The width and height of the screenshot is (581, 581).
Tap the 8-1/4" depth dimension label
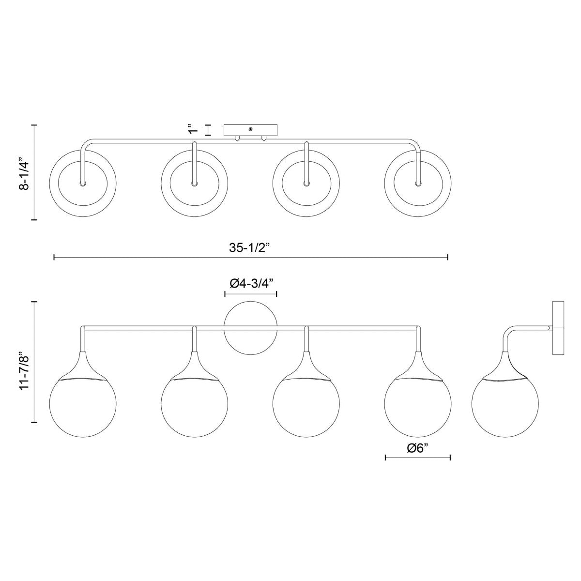point(23,173)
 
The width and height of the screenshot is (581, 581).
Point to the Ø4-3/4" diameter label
point(250,284)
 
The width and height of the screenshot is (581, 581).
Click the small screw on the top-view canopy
point(251,129)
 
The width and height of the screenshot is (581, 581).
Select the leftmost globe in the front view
point(83,407)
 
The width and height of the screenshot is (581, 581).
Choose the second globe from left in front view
point(195,407)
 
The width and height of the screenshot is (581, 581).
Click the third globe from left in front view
point(306,407)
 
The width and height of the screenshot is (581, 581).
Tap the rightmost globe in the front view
point(418,407)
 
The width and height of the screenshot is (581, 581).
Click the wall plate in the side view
point(559,328)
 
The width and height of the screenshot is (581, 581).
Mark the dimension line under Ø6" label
point(418,457)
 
